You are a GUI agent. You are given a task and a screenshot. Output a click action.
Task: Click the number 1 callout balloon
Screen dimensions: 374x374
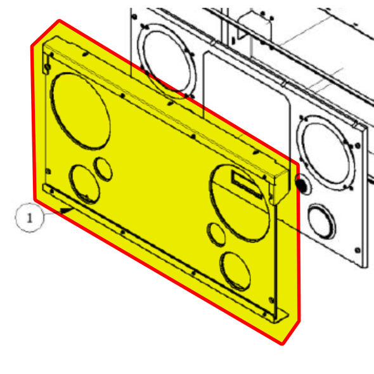pos(29,218)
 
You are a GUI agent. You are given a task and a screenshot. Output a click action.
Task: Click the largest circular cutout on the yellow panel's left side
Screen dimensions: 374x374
pos(79,112)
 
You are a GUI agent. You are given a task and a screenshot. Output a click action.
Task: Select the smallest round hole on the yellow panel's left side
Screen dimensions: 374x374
pos(103,168)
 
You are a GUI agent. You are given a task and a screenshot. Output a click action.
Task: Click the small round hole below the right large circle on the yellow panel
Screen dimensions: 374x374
pos(217,234)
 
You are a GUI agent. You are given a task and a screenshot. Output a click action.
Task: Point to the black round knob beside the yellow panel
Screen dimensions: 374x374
pos(300,185)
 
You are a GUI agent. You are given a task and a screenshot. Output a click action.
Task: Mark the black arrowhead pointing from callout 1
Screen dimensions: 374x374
pos(66,210)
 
